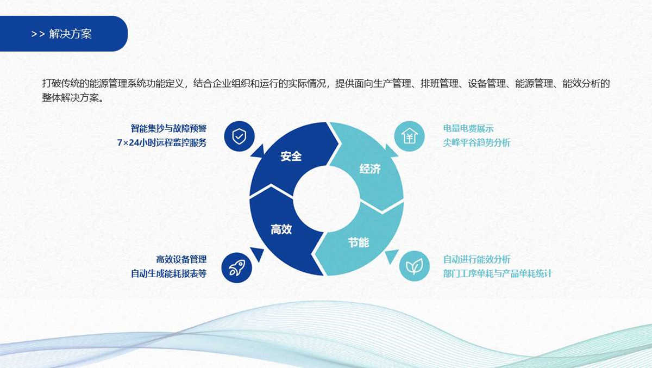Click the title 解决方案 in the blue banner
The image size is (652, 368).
coord(71,34)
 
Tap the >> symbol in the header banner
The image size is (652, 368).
coord(38,34)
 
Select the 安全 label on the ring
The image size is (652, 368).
coord(291,157)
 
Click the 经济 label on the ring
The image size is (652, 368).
coord(370,169)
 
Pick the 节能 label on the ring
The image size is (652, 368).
coord(359,242)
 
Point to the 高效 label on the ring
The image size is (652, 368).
coord(281,229)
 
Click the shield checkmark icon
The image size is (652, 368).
coord(239,136)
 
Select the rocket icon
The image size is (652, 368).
coord(237,267)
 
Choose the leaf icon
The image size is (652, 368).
coord(414,266)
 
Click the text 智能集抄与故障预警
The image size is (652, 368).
coord(168,129)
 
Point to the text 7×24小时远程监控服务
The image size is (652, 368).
coord(162,143)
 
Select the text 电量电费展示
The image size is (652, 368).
coord(468,129)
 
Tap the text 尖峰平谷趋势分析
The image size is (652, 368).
coord(477,143)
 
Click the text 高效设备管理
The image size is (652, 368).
coord(181,259)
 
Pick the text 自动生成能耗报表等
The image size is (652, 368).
coord(168,273)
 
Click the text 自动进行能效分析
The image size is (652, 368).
coord(477,259)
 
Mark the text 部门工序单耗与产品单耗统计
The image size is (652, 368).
coord(497,273)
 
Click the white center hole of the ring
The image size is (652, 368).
coord(326,198)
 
